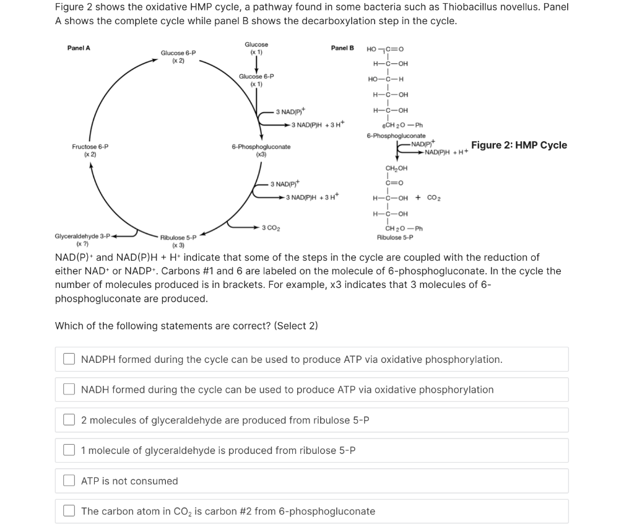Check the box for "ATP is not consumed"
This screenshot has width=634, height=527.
(x=69, y=481)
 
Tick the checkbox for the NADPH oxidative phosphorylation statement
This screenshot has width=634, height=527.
(x=69, y=359)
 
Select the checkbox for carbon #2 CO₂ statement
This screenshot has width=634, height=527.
(x=69, y=512)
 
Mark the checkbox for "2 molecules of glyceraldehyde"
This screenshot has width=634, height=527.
(x=69, y=420)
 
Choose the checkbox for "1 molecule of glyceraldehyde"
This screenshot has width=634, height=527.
(x=69, y=451)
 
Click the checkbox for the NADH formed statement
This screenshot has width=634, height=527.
(x=69, y=390)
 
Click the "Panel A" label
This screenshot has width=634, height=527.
(x=79, y=48)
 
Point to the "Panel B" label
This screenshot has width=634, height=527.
(x=342, y=48)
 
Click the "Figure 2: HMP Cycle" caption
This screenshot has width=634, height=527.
(x=519, y=145)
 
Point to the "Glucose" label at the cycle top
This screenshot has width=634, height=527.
(x=256, y=45)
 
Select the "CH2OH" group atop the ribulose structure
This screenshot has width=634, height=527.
(x=396, y=168)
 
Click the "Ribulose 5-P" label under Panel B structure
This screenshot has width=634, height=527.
(x=395, y=237)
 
